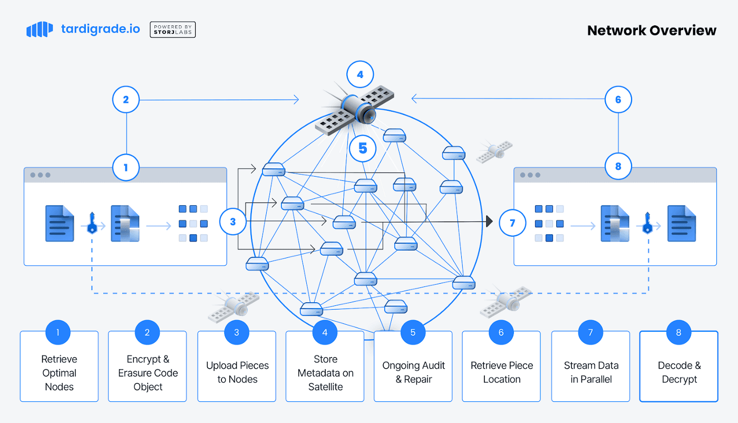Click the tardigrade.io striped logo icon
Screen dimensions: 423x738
[x=40, y=30]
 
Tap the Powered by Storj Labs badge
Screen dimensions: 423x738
[x=172, y=30]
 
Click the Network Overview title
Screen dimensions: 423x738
[x=652, y=31]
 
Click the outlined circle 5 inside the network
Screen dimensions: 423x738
[x=363, y=149]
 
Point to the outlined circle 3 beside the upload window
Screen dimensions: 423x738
[x=233, y=222]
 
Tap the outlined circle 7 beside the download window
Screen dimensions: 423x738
[x=512, y=223]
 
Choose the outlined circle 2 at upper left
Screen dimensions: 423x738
[x=125, y=100]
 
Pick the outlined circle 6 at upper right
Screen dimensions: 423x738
[x=618, y=100]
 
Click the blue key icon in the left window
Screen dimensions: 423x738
[x=92, y=223]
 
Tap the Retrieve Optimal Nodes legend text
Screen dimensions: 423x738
[x=59, y=373]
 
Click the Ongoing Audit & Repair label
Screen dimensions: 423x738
[x=413, y=372]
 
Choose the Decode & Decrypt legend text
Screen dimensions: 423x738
[x=679, y=372]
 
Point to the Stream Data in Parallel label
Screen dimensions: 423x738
[x=591, y=372]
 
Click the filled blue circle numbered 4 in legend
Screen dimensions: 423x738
[x=325, y=332]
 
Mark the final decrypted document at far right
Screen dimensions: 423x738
[x=682, y=224]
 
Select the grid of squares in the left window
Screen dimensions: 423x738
[x=193, y=223]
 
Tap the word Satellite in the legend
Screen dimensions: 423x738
[x=325, y=387]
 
